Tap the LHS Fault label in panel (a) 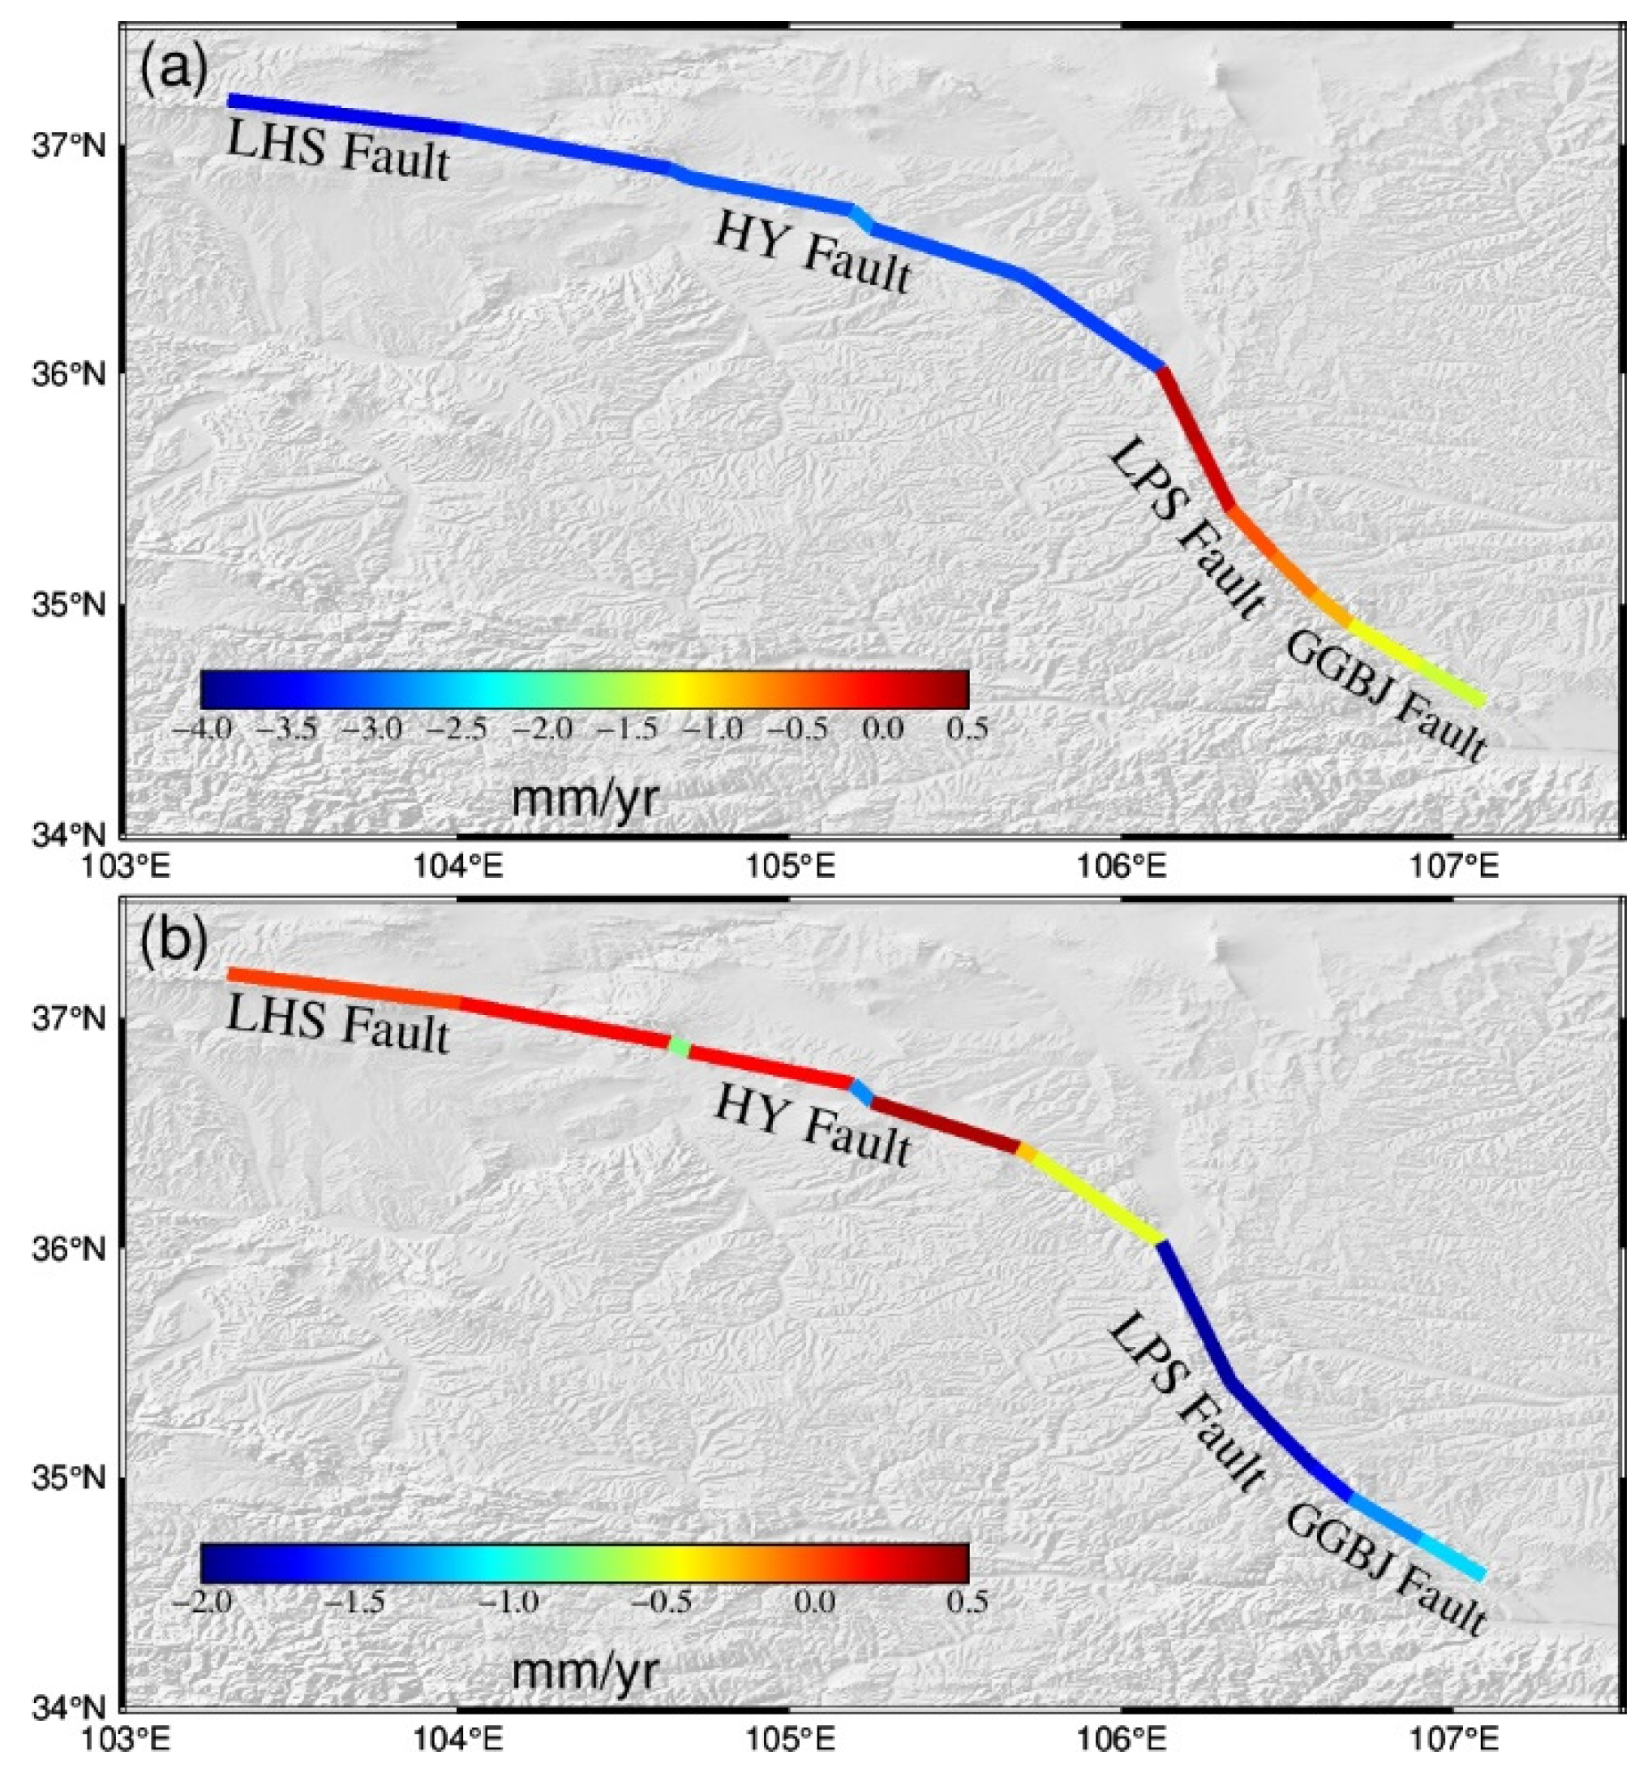(x=337, y=151)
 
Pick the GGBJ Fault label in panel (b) (x=1385, y=1555)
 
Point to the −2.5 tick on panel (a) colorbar (x=456, y=729)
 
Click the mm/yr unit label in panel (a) (x=583, y=798)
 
